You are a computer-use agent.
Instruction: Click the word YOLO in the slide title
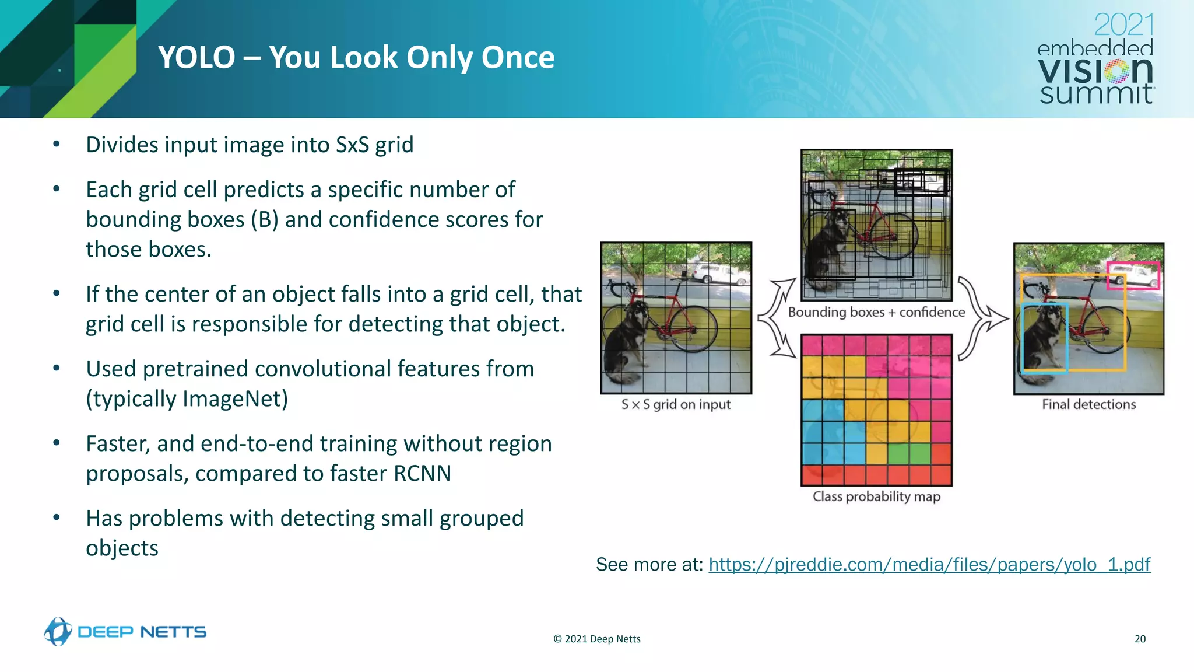tap(196, 58)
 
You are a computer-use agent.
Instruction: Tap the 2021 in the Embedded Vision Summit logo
tap(1123, 25)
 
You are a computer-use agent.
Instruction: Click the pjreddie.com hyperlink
tap(929, 565)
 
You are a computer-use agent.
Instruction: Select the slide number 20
tap(1140, 639)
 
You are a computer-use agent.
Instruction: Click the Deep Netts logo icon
tap(58, 632)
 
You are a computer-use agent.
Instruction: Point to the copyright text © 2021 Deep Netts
tap(596, 639)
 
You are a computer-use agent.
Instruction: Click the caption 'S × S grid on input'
tap(676, 404)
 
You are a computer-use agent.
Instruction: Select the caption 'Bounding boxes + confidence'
tap(876, 312)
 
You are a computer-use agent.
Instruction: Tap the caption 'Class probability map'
tap(876, 496)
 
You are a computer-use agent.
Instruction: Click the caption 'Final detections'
tap(1088, 404)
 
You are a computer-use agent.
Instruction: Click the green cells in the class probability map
tap(909, 453)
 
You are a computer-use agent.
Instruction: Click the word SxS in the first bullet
tap(352, 145)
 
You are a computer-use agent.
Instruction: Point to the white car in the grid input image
tap(712, 273)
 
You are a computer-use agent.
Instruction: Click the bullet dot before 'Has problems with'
tap(57, 517)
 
